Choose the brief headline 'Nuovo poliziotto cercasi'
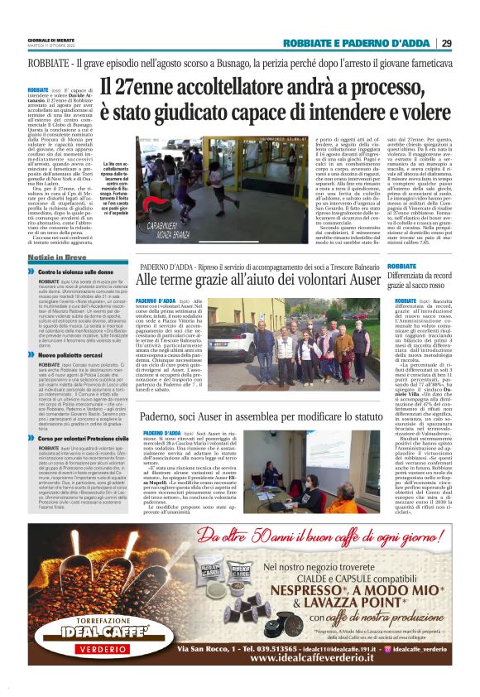point(72,353)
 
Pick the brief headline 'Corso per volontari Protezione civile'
point(85,436)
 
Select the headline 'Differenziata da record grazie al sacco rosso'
point(429,279)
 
